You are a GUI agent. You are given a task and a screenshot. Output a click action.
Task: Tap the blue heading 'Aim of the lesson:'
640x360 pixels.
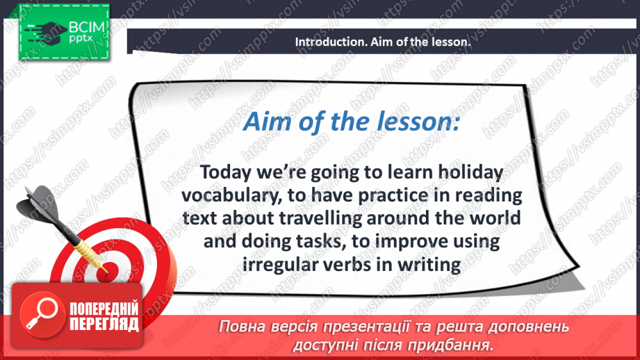pyautogui.click(x=352, y=122)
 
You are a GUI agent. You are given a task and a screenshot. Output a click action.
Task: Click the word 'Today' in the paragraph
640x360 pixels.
pyautogui.click(x=226, y=172)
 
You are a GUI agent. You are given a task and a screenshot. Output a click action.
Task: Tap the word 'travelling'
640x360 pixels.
pyautogui.click(x=320, y=219)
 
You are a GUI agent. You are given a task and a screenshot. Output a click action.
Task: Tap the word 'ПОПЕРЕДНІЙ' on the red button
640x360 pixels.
pyautogui.click(x=104, y=309)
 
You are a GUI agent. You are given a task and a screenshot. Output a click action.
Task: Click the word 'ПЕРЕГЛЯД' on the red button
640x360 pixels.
pyautogui.click(x=104, y=325)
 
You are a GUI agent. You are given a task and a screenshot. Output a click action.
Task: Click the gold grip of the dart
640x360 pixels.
pyautogui.click(x=88, y=250)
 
